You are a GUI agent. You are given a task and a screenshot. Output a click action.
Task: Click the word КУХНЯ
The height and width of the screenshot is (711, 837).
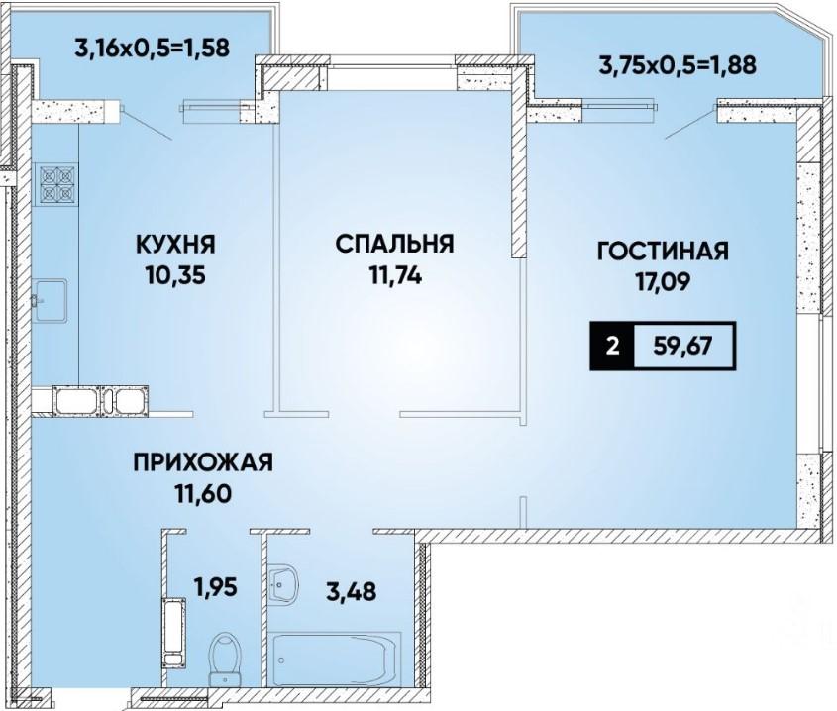coord(176,245)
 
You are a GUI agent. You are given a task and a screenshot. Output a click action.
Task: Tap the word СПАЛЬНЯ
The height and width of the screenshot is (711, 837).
coord(395,244)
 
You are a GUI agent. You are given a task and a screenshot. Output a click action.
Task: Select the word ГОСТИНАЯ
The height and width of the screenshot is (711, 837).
coord(663,251)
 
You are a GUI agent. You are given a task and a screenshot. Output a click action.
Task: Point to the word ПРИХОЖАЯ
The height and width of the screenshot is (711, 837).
coord(203,462)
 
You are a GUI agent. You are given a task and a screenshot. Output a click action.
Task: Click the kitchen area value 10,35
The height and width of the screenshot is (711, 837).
coord(174,276)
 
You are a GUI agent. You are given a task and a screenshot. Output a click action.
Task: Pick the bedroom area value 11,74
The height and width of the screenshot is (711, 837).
coord(395,276)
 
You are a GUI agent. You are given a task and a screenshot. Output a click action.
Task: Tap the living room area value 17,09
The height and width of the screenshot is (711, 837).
coord(663,282)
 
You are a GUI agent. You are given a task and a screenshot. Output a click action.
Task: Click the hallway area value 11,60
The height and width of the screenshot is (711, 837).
coord(203,494)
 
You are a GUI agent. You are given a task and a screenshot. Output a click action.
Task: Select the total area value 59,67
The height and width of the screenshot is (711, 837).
coord(683,347)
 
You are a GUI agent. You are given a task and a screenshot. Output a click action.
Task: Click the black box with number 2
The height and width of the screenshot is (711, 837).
coord(612,347)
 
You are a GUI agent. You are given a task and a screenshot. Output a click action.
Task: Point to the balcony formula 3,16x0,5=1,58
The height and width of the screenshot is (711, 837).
coord(153,48)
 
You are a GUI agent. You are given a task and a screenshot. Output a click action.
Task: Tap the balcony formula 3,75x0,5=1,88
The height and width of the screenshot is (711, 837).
coord(678,65)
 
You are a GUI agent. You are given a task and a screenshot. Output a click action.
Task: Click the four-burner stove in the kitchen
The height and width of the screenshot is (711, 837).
coord(55,184)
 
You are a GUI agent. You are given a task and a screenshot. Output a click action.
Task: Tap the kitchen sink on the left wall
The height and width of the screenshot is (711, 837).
coord(50,300)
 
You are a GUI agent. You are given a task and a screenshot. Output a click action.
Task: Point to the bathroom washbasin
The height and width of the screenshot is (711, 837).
coord(282,583)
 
